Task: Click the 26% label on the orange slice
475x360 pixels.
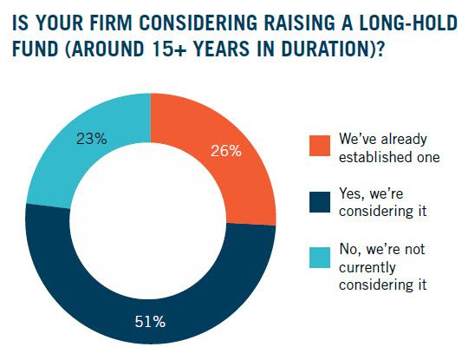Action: (x=226, y=151)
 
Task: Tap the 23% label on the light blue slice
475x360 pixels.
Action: (x=92, y=139)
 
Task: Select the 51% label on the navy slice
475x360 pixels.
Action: (x=150, y=322)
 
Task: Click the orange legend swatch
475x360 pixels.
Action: (x=320, y=146)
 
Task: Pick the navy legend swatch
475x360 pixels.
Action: (x=320, y=201)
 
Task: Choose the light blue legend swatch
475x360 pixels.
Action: (x=320, y=258)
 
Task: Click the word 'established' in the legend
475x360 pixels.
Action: (x=374, y=157)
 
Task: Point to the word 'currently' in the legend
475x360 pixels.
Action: (x=368, y=268)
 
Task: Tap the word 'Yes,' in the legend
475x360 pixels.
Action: (x=352, y=194)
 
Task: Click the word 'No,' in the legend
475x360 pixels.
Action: (x=350, y=249)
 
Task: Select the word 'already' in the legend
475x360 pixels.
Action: (x=404, y=140)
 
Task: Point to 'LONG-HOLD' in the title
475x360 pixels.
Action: (x=407, y=23)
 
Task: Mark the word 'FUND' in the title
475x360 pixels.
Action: (x=36, y=49)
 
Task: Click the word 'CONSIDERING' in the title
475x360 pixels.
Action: (x=198, y=23)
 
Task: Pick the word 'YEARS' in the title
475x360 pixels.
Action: (x=222, y=49)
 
